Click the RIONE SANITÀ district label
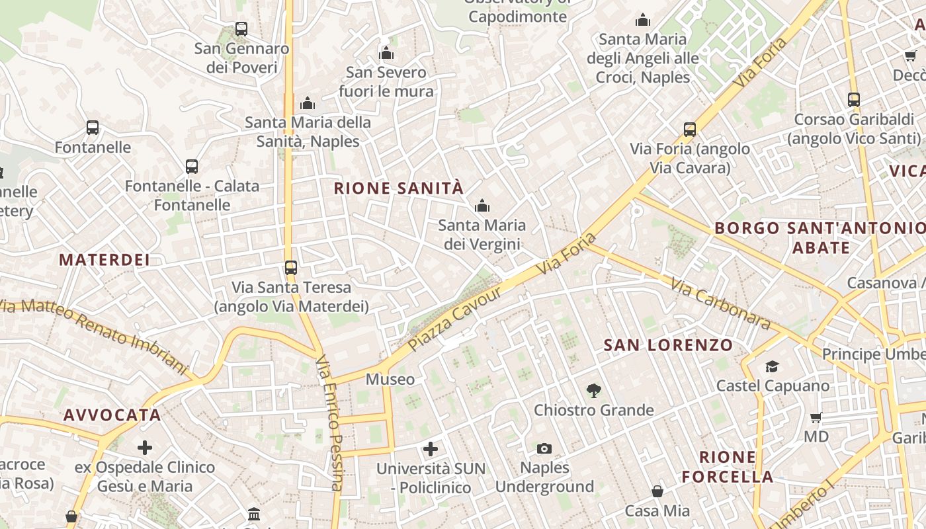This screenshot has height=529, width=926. click(398, 188)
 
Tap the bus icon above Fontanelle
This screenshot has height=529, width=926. click(93, 128)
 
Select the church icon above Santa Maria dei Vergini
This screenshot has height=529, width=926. click(482, 206)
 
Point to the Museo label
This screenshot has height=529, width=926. click(390, 380)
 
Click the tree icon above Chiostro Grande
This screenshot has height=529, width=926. click(593, 391)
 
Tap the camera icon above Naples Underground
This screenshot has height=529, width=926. click(544, 449)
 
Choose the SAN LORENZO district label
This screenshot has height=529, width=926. click(668, 345)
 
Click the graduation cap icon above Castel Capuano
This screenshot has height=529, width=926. click(772, 366)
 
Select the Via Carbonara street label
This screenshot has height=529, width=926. click(720, 304)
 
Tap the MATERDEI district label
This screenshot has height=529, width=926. click(105, 260)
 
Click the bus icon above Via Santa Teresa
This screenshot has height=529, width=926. click(291, 268)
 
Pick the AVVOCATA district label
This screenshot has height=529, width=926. click(112, 415)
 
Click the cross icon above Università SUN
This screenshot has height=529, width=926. click(431, 450)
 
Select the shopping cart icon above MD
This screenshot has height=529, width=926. click(816, 418)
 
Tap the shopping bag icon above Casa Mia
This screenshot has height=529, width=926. click(657, 491)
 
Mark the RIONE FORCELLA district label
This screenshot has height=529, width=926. click(728, 467)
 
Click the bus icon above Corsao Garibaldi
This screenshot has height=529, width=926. click(854, 100)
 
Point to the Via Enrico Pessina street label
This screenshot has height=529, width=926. click(329, 423)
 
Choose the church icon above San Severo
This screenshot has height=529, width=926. click(386, 53)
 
